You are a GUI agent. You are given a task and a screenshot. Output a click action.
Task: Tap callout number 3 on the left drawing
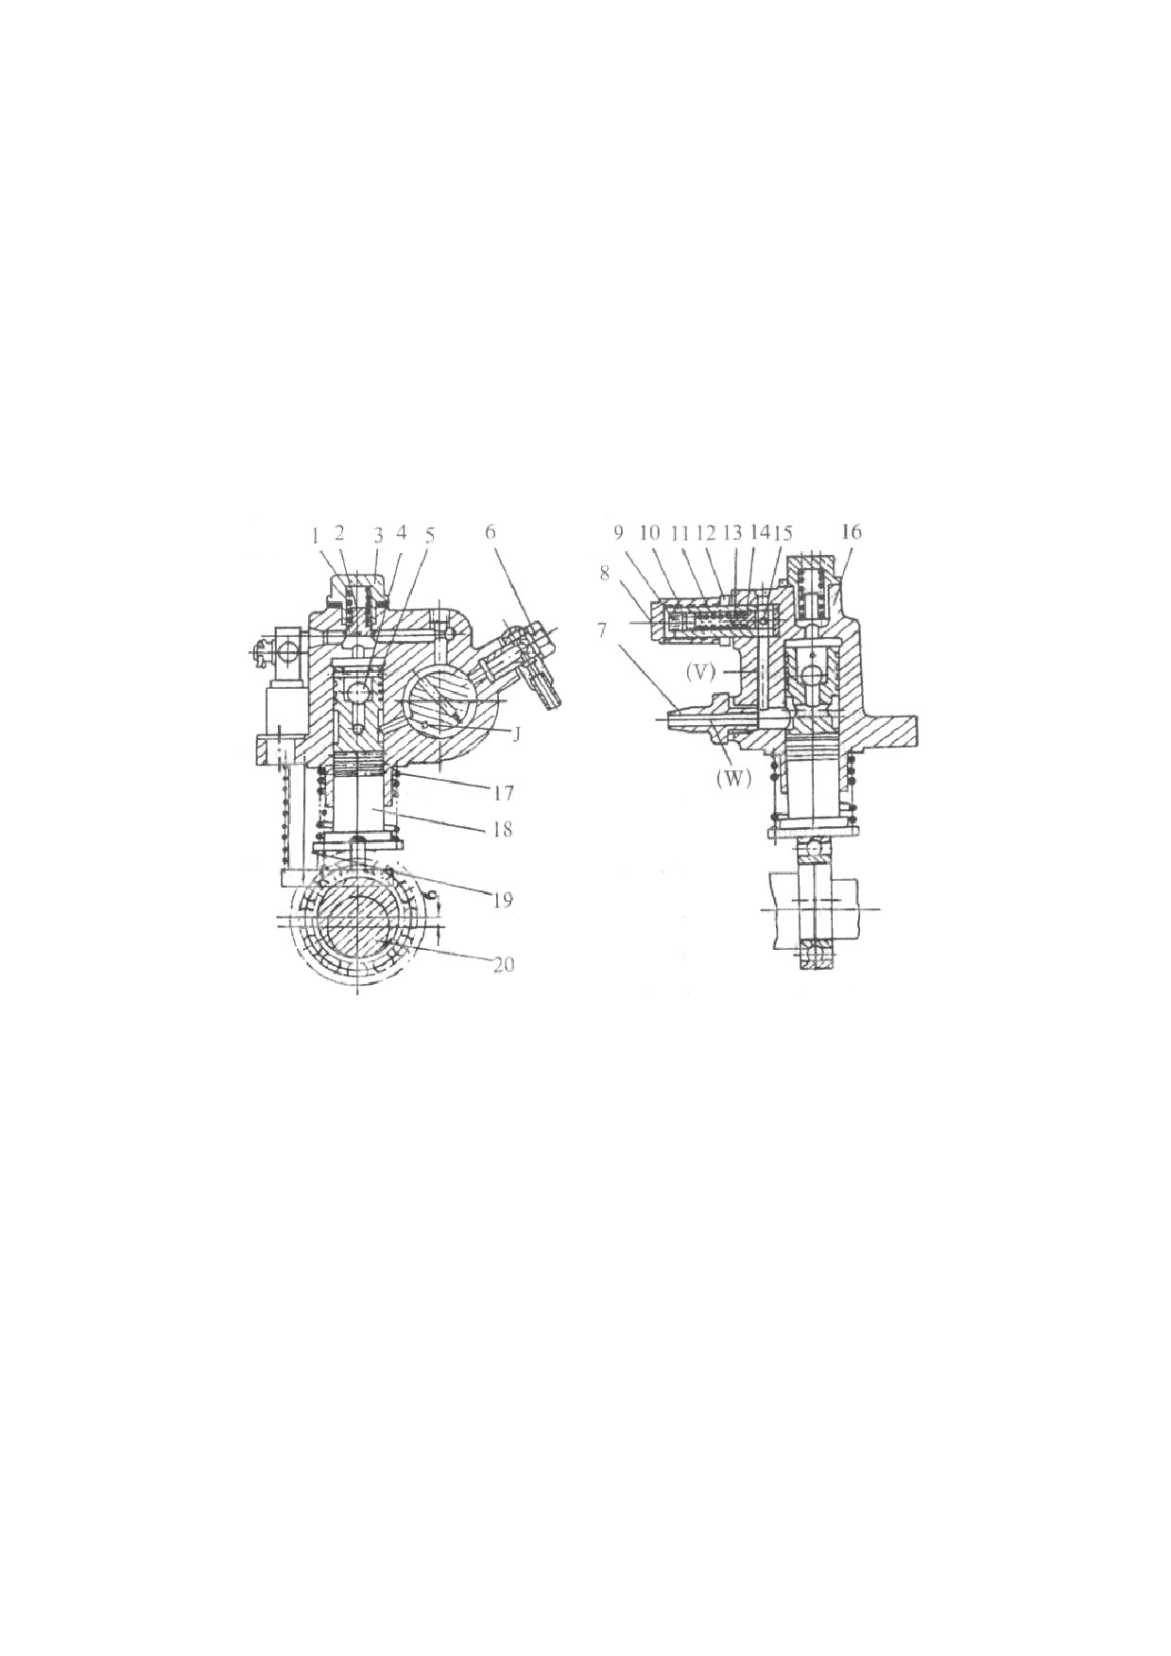click(377, 533)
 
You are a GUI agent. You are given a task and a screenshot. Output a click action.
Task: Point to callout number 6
click(491, 532)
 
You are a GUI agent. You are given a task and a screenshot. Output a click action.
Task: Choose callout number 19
click(502, 899)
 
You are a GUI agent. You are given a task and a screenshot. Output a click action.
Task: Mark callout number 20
click(504, 965)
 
